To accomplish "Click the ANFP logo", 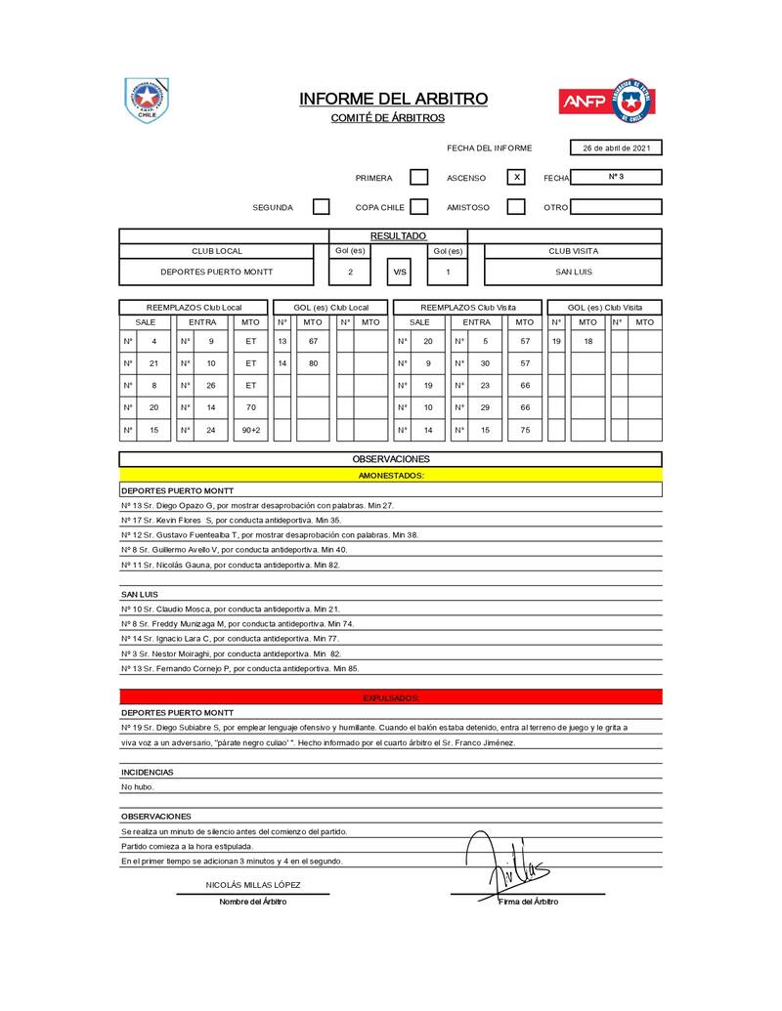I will point(606,101).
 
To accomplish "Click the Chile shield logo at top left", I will point(147,100).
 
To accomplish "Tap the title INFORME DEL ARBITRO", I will point(393,99).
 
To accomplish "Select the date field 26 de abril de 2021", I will point(616,148).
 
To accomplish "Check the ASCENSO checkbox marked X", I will point(516,178).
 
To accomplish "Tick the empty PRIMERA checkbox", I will point(418,178).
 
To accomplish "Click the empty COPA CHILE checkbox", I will point(418,207).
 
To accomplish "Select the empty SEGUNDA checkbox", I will point(321,207).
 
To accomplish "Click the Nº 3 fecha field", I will point(616,177).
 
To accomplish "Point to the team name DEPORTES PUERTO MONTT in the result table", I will point(217,273).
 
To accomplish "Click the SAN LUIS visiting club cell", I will point(573,273).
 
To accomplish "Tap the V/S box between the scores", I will point(399,273).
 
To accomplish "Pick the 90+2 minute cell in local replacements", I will point(251,431).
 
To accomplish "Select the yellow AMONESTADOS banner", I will point(391,475).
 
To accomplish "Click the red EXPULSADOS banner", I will point(391,697).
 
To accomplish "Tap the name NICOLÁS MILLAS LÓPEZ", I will point(253,885).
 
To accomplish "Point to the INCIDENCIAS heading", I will point(148,772).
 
